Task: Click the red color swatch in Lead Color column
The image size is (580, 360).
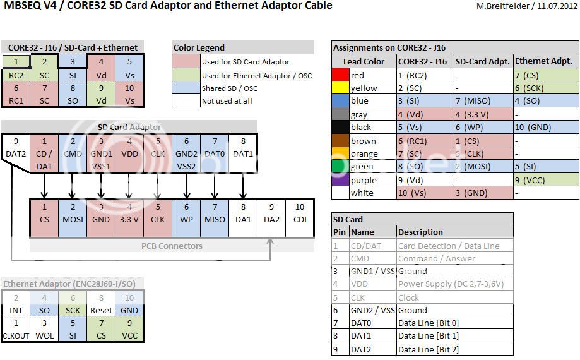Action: click(340, 75)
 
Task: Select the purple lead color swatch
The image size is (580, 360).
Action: click(340, 180)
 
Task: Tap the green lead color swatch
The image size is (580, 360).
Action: click(340, 167)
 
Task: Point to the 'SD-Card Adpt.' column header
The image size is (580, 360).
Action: click(483, 61)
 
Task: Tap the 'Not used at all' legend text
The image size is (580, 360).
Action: click(227, 100)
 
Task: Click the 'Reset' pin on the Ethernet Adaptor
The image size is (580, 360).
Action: click(101, 310)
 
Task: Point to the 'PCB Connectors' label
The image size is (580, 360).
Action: click(172, 246)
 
